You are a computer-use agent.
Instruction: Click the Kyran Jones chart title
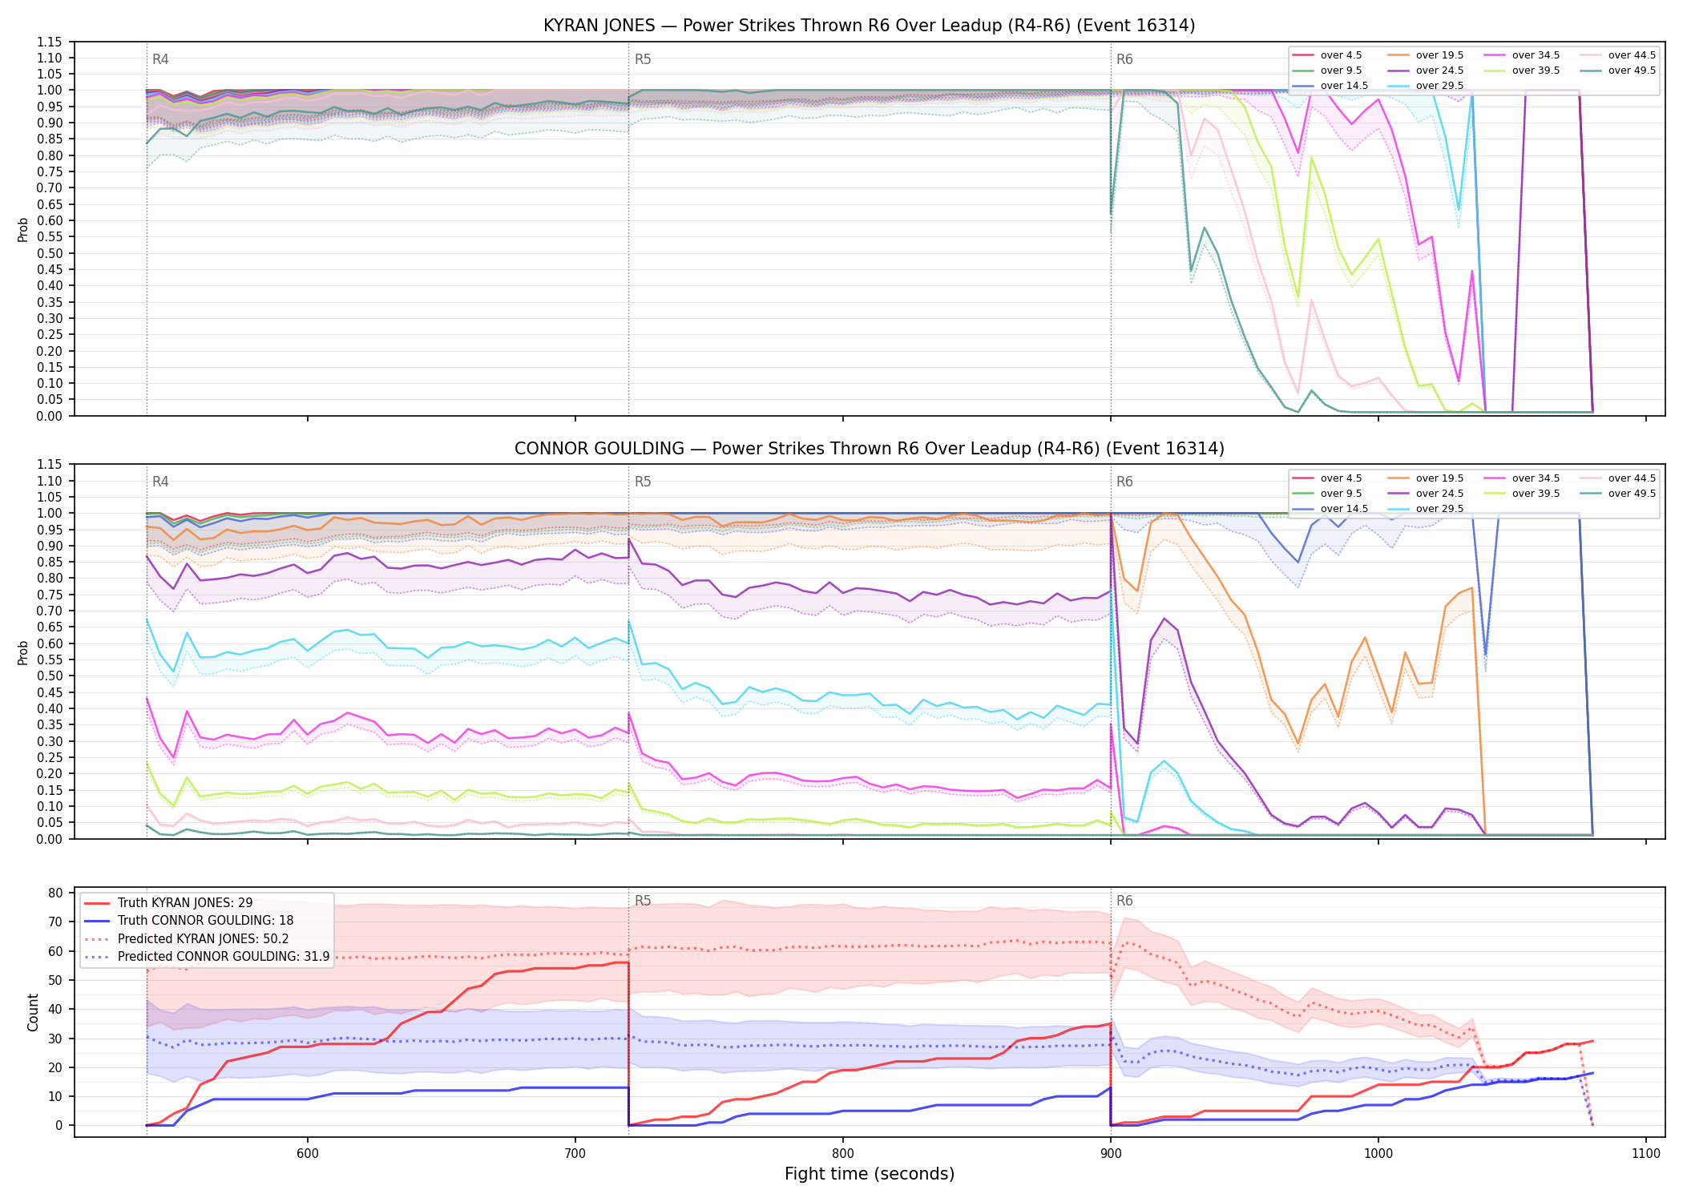869,26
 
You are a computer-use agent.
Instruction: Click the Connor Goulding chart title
869,449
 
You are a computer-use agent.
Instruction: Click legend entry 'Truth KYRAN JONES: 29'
168,902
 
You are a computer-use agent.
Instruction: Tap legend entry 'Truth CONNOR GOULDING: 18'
188,921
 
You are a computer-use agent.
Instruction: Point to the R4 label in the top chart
160,59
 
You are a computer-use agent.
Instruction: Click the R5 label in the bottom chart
643,901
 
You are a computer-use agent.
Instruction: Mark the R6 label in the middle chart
1124,482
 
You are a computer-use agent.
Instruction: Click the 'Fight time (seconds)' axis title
870,1174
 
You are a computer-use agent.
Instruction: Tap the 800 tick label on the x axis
842,1153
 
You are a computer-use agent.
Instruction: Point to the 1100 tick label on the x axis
1645,1153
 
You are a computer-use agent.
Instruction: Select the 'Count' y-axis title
33,1012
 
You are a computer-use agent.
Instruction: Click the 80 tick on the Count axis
55,893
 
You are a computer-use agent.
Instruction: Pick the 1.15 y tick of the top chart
50,42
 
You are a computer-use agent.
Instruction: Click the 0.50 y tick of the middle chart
50,676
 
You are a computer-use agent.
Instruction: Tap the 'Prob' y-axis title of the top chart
23,230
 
